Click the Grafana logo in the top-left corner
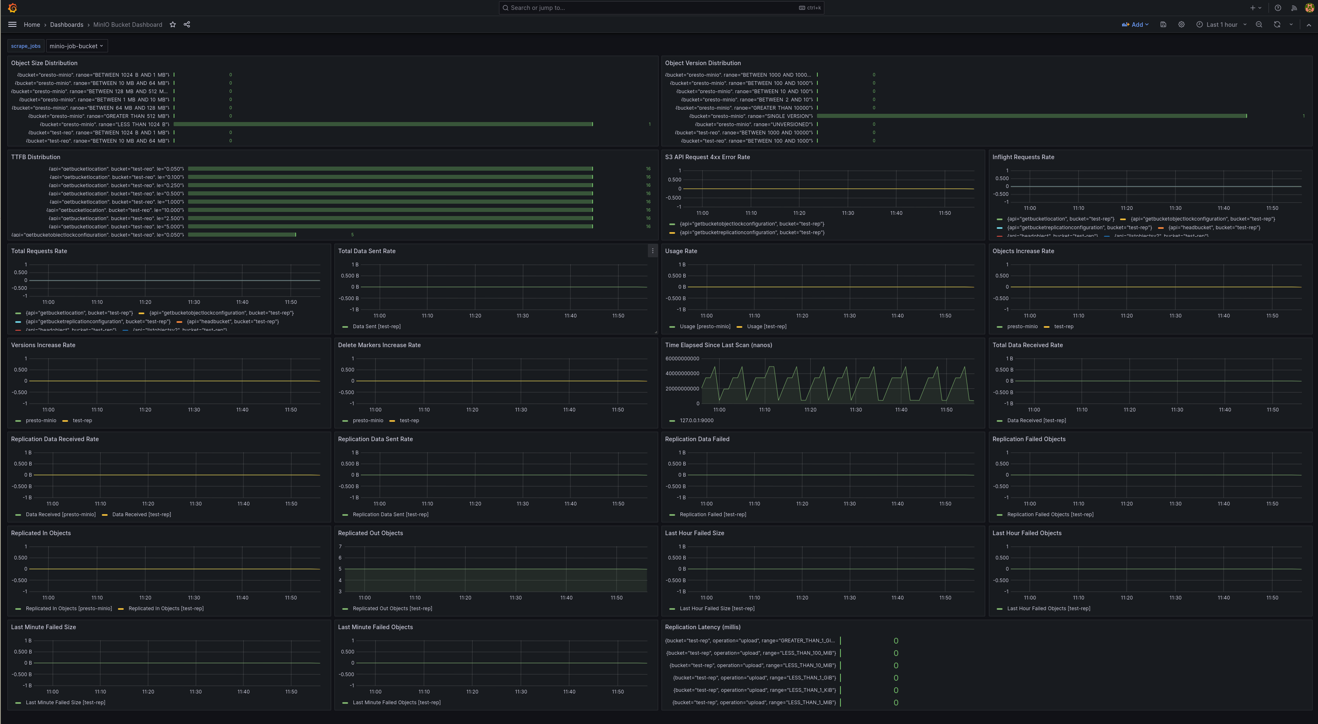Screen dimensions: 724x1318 tap(13, 8)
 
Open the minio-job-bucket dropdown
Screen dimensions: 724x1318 tap(76, 46)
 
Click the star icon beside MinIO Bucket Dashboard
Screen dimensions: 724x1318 tap(173, 25)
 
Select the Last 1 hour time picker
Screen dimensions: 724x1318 tap(1222, 25)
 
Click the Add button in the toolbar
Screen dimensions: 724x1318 tap(1135, 25)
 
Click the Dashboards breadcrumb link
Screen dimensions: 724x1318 tap(66, 25)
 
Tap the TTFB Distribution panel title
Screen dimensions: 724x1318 tap(36, 157)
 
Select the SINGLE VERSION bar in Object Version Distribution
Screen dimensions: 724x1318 tap(1031, 116)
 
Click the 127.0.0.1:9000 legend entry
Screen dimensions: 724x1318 tap(697, 421)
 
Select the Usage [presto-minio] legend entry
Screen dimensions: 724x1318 tap(704, 327)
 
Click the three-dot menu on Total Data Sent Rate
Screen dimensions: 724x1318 tap(652, 251)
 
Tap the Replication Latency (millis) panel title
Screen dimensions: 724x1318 tap(702, 627)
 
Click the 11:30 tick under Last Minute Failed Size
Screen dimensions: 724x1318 tap(195, 692)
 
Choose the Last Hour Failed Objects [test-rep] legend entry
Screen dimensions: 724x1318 tap(1048, 609)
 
